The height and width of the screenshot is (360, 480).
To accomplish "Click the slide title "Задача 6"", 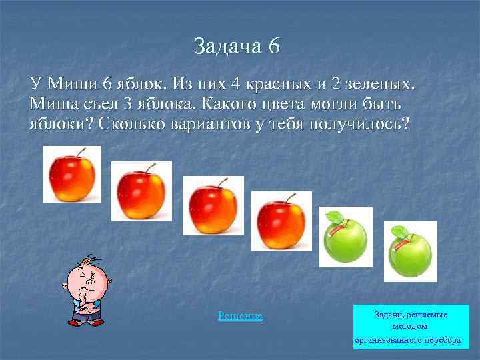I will [237, 46].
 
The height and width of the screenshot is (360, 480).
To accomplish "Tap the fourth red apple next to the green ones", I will [281, 221].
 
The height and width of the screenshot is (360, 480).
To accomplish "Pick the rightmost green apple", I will [409, 253].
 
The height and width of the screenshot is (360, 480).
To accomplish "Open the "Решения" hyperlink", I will [240, 315].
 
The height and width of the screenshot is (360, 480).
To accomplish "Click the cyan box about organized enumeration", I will [411, 327].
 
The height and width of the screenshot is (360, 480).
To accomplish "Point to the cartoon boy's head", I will [86, 275].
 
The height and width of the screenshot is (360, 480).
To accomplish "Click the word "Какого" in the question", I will [227, 105].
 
